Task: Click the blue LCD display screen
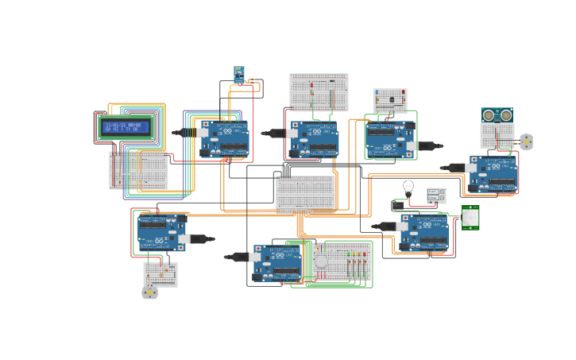(126, 127)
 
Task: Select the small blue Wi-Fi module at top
(238, 74)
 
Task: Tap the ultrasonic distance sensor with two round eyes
(497, 115)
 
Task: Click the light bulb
(408, 188)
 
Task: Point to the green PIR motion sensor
(470, 217)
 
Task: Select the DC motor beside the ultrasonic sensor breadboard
(526, 141)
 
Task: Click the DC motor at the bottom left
(150, 292)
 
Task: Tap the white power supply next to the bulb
(436, 195)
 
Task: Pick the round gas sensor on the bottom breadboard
(321, 261)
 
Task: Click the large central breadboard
(306, 194)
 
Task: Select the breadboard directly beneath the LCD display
(138, 170)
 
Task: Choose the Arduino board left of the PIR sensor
(423, 232)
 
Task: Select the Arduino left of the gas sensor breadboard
(277, 263)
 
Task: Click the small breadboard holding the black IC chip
(391, 100)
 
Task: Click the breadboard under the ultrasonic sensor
(498, 135)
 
